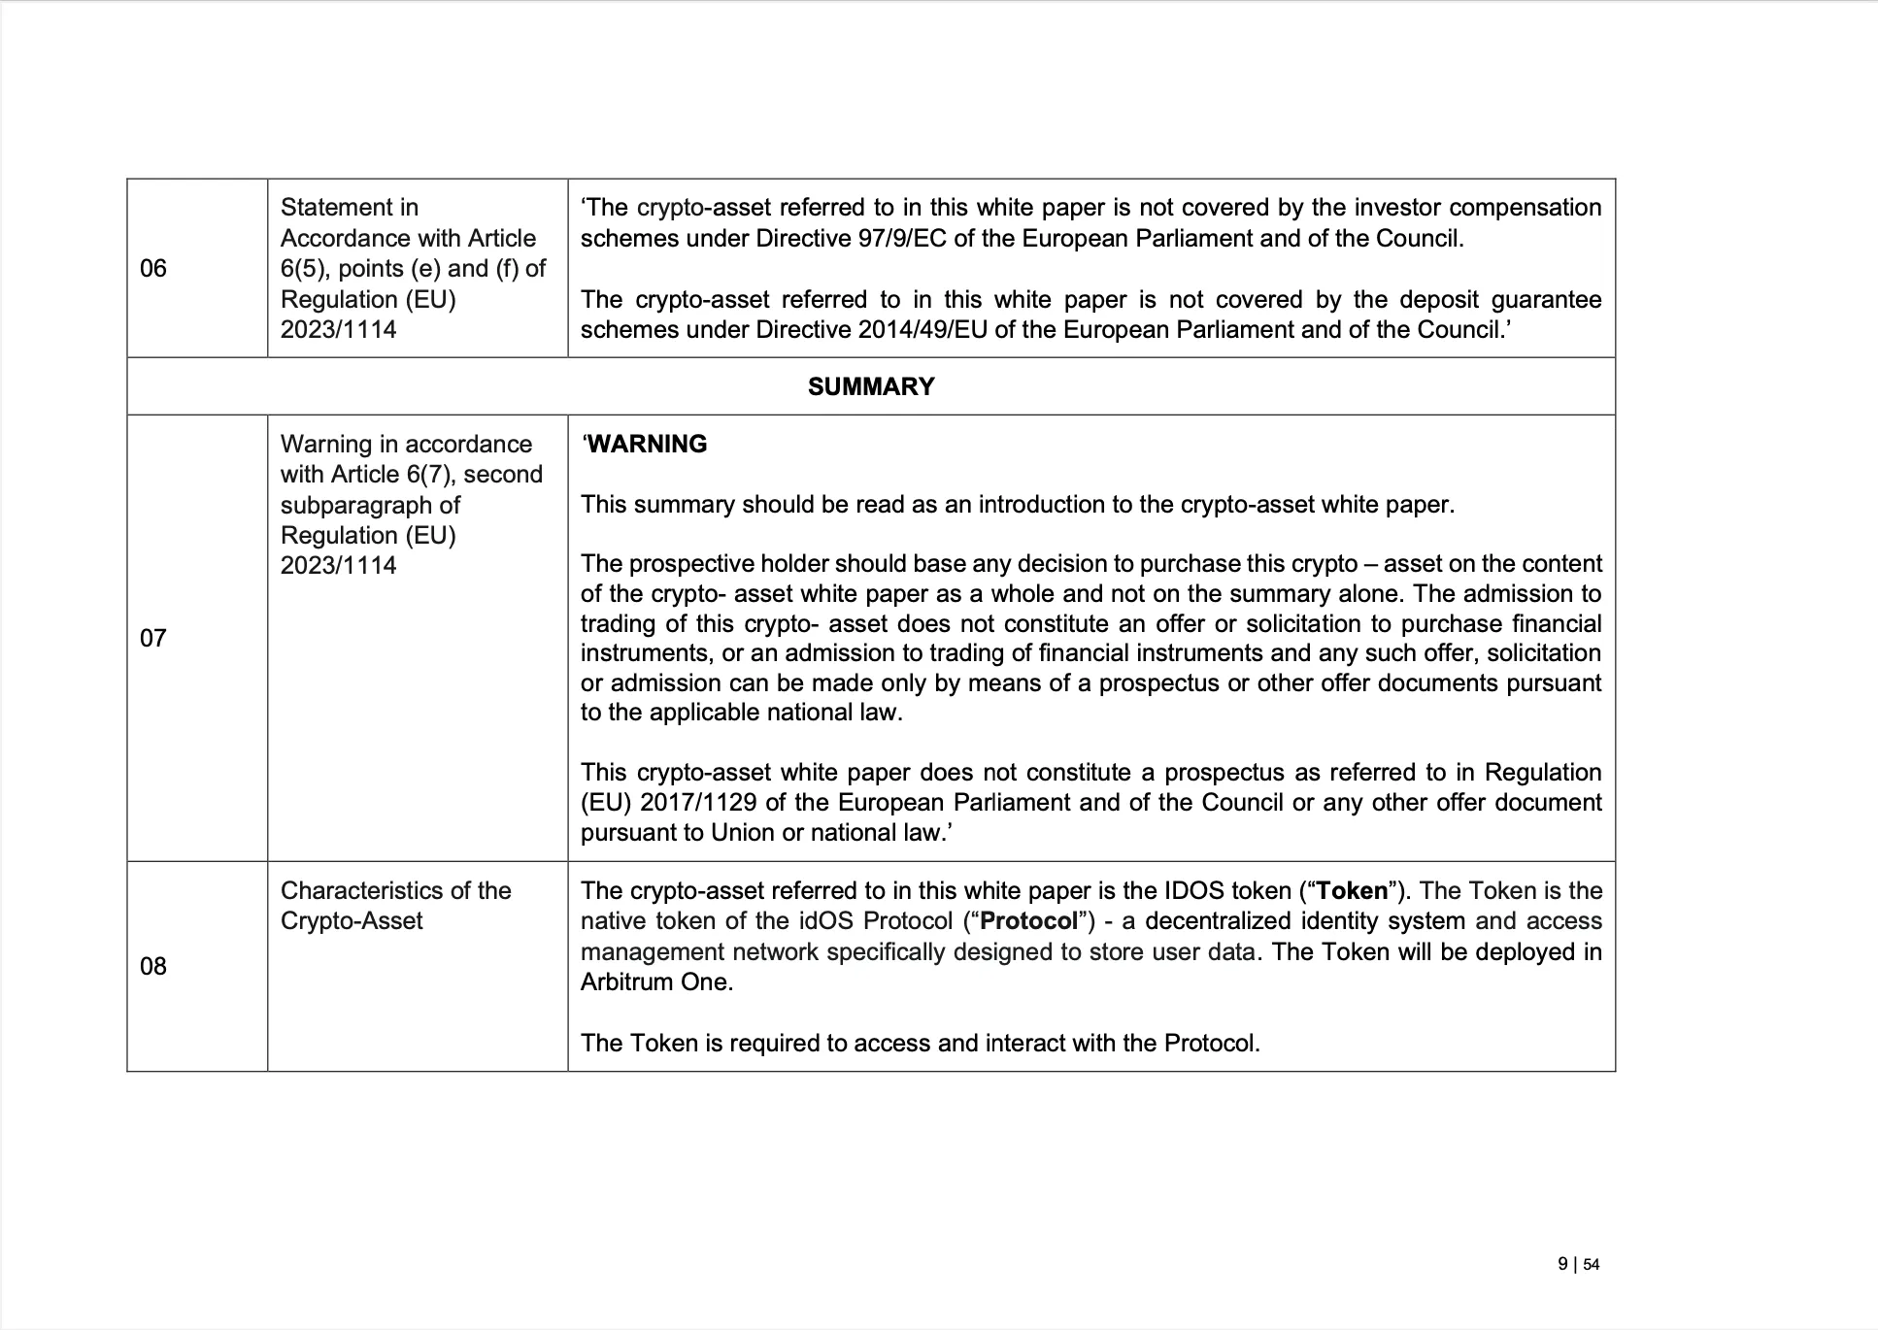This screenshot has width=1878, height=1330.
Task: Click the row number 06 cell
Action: tap(153, 269)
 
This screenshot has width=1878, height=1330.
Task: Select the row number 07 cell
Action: tap(153, 639)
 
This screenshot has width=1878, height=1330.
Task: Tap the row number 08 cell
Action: tap(153, 967)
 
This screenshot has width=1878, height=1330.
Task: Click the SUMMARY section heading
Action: tap(871, 387)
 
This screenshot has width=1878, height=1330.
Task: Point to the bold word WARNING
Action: tap(648, 445)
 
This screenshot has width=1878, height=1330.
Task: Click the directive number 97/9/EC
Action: tap(900, 239)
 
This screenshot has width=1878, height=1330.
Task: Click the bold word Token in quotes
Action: tap(1353, 891)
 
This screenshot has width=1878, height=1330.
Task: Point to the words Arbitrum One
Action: tap(655, 982)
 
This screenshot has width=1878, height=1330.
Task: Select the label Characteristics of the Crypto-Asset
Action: tap(395, 906)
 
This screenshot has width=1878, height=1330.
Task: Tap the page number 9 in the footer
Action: tap(1562, 1264)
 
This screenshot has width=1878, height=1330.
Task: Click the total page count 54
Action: tap(1592, 1265)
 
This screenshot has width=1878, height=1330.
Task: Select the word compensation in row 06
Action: tap(1526, 208)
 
